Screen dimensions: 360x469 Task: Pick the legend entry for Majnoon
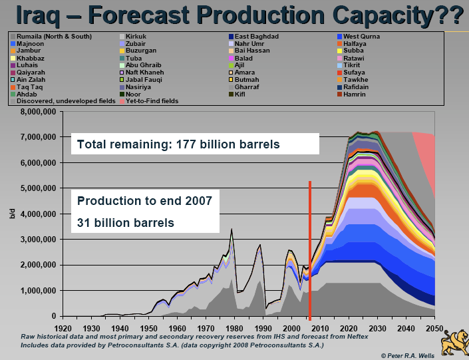31,43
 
